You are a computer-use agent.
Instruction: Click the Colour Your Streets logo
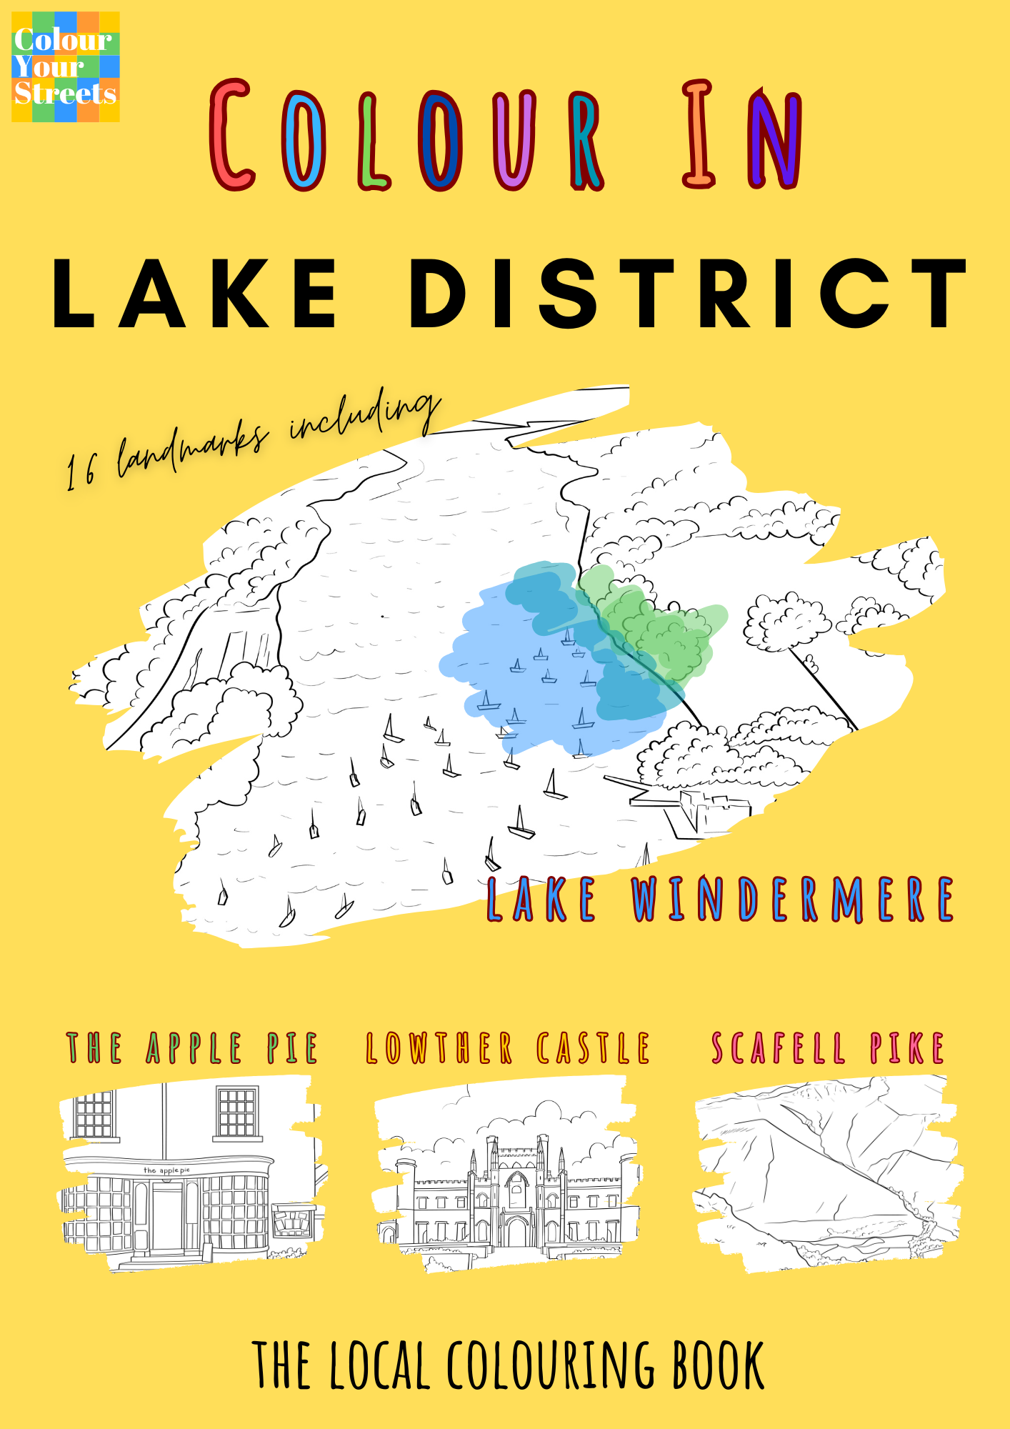(x=65, y=66)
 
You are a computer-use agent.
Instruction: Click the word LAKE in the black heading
(x=194, y=294)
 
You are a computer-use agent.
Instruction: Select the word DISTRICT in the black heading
(x=688, y=294)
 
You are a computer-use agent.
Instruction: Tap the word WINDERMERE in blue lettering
(x=793, y=900)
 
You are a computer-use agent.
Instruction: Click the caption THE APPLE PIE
(x=191, y=1049)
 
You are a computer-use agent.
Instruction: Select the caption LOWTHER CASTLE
(x=508, y=1049)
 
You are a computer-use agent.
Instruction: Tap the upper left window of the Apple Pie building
(x=94, y=1113)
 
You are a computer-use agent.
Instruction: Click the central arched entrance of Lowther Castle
(x=516, y=1230)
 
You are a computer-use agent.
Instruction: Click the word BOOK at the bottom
(x=718, y=1366)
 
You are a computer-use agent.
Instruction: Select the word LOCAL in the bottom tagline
(x=379, y=1366)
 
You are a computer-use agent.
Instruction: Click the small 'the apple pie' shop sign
(x=166, y=1170)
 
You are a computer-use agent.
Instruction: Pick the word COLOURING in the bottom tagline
(x=551, y=1366)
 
